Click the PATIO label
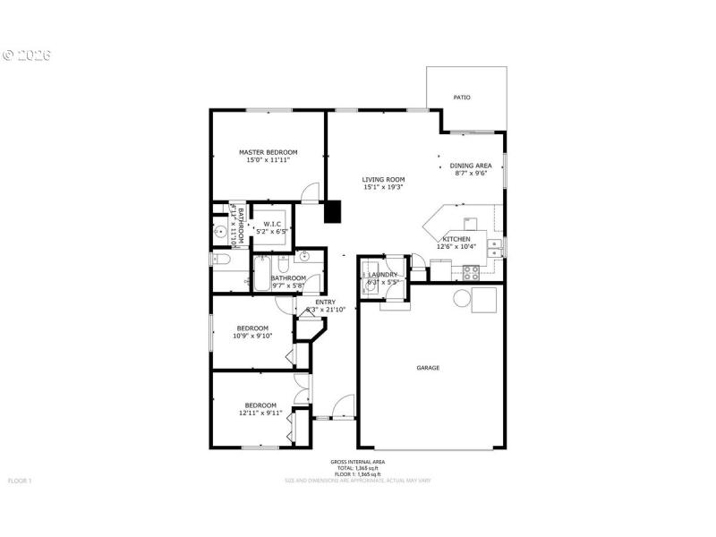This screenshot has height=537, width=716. coord(462,98)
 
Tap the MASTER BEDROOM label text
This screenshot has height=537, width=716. coord(268,152)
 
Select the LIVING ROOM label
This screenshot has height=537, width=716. coord(383,179)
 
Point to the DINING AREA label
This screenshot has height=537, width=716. coord(471,166)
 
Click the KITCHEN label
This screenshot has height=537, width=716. coord(456,239)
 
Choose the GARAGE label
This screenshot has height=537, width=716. coord(428,368)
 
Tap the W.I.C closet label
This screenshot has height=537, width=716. coord(273,224)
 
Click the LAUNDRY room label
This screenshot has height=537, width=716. coord(382,275)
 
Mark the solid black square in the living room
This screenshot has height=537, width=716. coord(333,212)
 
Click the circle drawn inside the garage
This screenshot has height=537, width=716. coord(464,300)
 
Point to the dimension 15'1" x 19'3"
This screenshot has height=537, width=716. coord(383,187)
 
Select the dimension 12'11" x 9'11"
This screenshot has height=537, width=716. coord(260,413)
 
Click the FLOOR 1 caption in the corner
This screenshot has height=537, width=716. coord(20,481)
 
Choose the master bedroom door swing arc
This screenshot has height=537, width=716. coord(310,191)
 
